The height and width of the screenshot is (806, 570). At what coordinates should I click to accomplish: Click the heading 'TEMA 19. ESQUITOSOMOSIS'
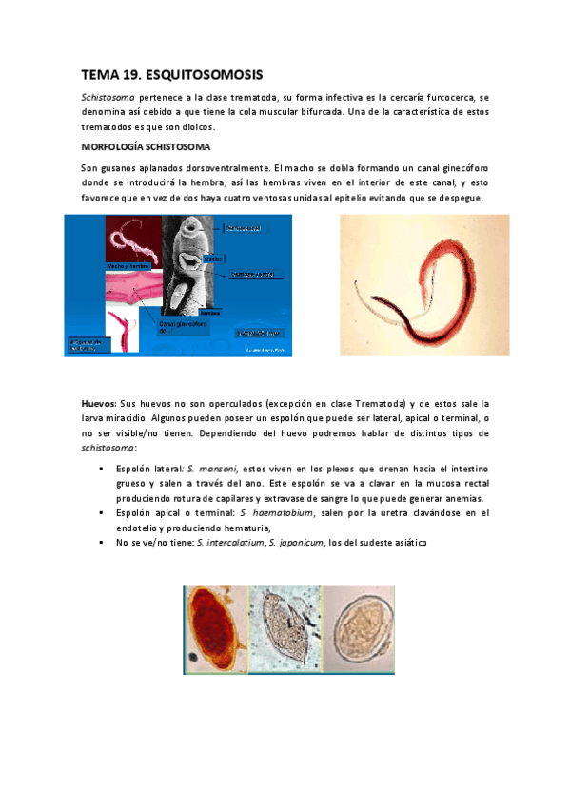(171, 74)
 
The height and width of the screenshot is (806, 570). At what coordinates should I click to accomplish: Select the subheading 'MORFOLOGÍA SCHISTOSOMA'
(145, 147)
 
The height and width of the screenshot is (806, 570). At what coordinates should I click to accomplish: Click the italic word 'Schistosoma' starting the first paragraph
(106, 97)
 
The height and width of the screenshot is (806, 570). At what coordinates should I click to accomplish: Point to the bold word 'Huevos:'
(98, 404)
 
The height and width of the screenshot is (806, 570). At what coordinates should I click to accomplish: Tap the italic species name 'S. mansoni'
(210, 470)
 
